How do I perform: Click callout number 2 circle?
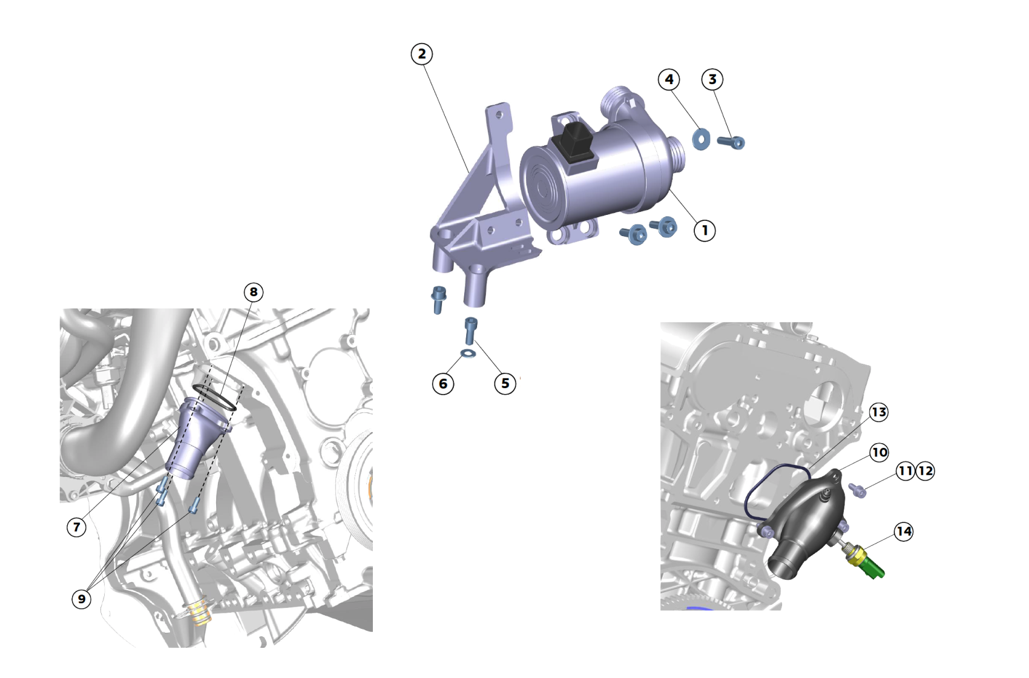click(x=422, y=54)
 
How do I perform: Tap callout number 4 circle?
click(x=669, y=79)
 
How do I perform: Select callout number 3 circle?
click(x=712, y=79)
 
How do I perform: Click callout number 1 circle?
click(x=705, y=230)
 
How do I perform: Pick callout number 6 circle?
click(x=443, y=383)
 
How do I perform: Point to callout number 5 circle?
click(x=505, y=383)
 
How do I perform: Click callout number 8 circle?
click(x=254, y=292)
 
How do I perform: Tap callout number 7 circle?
click(x=76, y=527)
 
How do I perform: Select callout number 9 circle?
click(x=82, y=599)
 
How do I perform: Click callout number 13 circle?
click(x=879, y=412)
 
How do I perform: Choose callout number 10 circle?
click(x=879, y=452)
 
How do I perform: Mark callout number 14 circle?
click(x=904, y=532)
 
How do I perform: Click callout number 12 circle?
click(x=925, y=471)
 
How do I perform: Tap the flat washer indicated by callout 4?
click(x=701, y=139)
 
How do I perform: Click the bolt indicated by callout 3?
click(x=731, y=142)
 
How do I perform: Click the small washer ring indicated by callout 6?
click(x=468, y=353)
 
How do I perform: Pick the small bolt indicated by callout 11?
click(x=858, y=490)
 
